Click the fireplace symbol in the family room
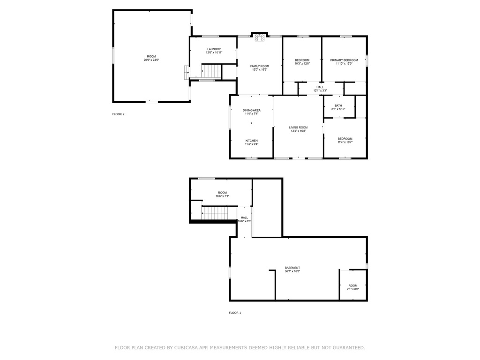tap(260, 37)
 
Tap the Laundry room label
tap(214, 49)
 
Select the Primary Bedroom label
tap(344, 60)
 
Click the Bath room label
tap(338, 105)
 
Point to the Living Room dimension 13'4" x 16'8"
tap(299, 131)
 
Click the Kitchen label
tap(252, 141)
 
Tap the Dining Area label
tap(252, 111)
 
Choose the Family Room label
tap(260, 66)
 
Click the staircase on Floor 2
tap(211, 71)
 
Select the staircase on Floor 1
tap(215, 213)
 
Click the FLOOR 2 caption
tap(119, 114)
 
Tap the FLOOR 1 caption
tap(235, 313)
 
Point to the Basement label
tap(292, 268)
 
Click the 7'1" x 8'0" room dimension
tap(353, 289)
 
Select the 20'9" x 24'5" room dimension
tap(151, 60)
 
